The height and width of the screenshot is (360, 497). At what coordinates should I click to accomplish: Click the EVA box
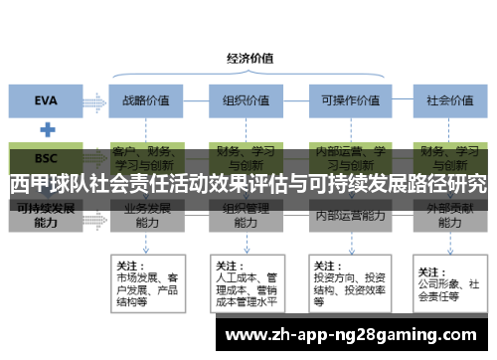coord(46,99)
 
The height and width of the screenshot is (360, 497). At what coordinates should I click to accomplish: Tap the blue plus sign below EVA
coord(46,129)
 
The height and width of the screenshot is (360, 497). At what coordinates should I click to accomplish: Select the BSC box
coord(46,157)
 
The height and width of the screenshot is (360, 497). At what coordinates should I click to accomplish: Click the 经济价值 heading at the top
coord(249,58)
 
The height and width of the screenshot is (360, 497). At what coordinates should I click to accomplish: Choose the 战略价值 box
coord(145,99)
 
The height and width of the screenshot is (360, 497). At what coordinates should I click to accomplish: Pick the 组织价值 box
coord(242,99)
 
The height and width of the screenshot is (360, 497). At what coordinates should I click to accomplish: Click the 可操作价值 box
coord(344,99)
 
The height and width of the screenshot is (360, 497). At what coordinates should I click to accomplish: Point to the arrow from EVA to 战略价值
coord(94,99)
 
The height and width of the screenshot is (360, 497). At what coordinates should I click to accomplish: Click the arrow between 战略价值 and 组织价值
coord(193,99)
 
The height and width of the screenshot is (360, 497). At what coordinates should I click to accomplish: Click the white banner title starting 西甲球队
coord(248,184)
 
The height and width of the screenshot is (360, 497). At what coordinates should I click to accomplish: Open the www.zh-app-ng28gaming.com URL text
coord(352,335)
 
